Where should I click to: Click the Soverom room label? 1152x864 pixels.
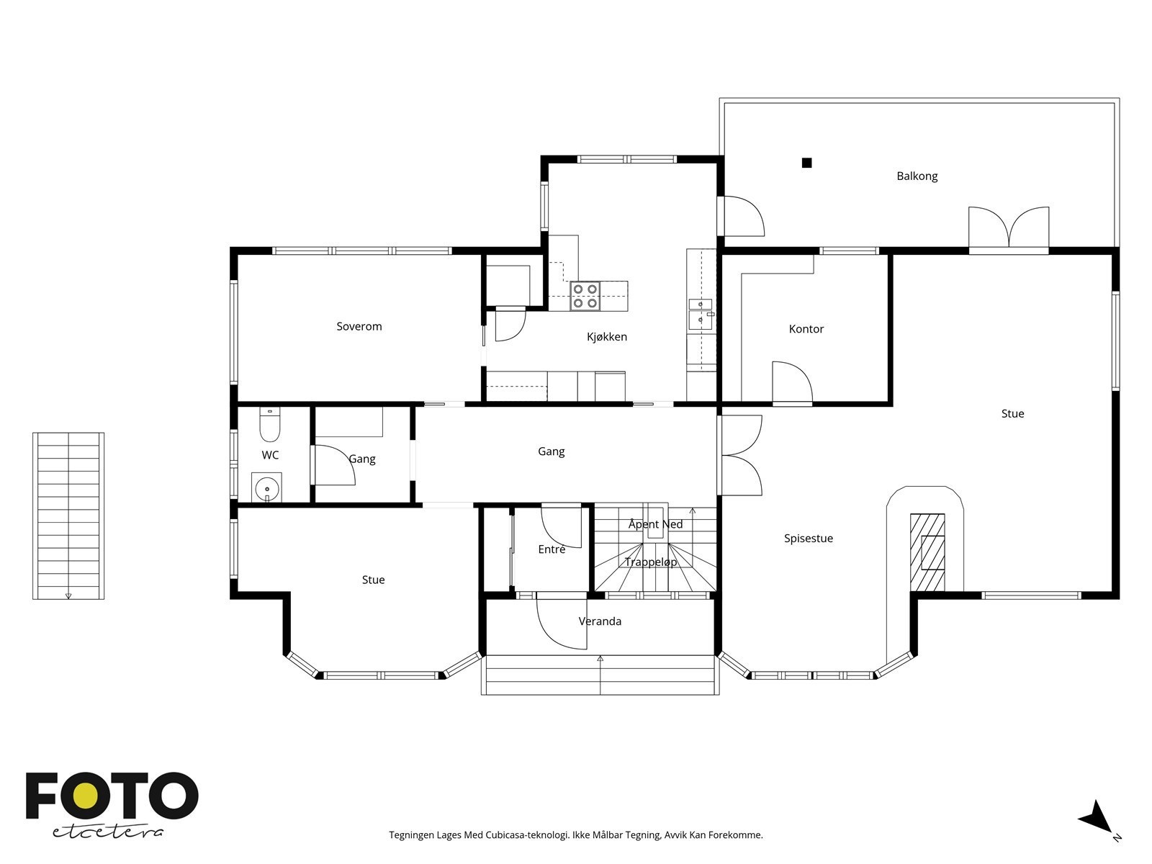pos(359,326)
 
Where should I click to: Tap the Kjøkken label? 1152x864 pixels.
pos(607,337)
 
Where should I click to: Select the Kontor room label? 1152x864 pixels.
pos(806,329)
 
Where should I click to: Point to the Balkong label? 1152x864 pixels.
pos(917,176)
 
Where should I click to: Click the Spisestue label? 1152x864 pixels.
pos(809,539)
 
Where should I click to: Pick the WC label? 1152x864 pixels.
pos(270,455)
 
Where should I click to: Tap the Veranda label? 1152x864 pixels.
pos(600,621)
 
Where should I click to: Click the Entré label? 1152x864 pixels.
pos(552,549)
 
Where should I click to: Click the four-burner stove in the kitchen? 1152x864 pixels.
pos(585,297)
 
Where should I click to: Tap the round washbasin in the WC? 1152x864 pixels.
pos(266,488)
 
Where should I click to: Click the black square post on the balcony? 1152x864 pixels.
pos(806,163)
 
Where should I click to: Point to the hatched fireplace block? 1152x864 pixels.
pos(927,552)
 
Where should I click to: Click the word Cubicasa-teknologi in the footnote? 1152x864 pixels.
pos(527,835)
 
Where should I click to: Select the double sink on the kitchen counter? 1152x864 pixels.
pos(701,314)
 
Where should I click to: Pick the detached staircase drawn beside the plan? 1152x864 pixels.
pos(68,516)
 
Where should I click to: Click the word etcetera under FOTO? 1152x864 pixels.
pos(107,832)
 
